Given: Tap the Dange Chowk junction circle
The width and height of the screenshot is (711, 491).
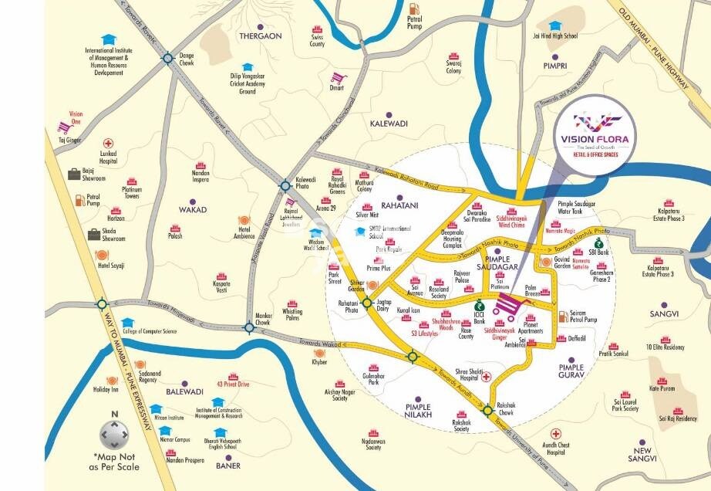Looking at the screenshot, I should pyautogui.click(x=167, y=58).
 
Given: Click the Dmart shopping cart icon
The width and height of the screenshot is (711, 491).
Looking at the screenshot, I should pyautogui.click(x=336, y=78).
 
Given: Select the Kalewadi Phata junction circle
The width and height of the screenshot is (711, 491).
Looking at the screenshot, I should pyautogui.click(x=285, y=185).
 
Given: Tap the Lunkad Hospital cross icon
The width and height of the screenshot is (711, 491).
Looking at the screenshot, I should pyautogui.click(x=108, y=144).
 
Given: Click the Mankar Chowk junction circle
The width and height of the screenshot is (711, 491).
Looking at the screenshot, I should pyautogui.click(x=249, y=327).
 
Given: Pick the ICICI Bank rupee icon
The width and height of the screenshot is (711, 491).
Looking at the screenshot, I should pyautogui.click(x=479, y=304).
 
